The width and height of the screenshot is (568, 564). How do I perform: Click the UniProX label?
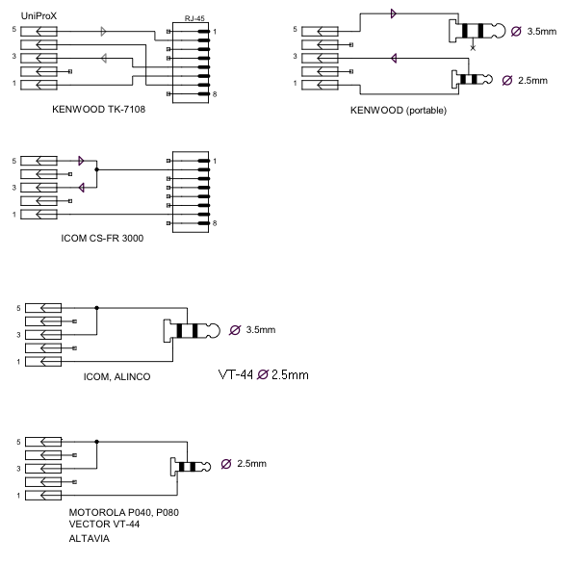39,16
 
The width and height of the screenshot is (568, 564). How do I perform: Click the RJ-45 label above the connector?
194,18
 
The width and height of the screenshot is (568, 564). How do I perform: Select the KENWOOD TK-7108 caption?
98,109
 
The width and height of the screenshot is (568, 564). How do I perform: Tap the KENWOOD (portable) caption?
399,110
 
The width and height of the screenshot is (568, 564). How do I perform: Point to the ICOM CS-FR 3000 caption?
102,238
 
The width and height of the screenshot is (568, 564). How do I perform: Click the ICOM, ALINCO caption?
117,376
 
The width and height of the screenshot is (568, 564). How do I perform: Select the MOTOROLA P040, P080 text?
124,512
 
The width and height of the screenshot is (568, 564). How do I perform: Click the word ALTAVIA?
90,538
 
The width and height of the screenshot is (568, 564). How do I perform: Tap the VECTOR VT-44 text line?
104,524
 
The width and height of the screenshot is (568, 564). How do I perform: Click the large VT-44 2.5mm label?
264,374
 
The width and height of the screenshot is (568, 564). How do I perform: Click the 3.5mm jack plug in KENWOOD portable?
477,31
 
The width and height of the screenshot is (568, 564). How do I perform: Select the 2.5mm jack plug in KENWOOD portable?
472,79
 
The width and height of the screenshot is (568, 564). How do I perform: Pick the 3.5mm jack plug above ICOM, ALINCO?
192,331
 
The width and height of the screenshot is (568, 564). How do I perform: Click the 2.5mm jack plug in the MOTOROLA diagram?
191,467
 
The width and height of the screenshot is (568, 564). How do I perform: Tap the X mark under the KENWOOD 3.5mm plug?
473,48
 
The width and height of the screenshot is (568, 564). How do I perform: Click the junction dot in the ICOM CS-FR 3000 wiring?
96,169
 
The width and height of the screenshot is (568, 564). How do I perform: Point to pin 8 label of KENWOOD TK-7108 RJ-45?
215,94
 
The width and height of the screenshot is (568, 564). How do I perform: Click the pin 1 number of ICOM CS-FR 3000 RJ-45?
215,161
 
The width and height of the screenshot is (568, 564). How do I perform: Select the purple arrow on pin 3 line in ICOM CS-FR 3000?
82,188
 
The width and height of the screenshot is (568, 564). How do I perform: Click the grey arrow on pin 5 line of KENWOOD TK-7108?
104,31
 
